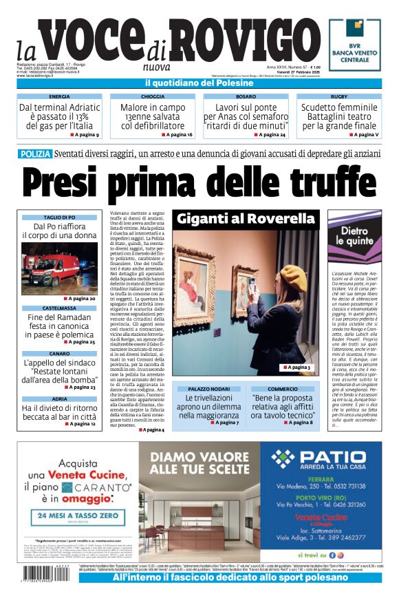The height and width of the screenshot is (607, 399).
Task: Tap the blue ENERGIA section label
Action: coord(59,97)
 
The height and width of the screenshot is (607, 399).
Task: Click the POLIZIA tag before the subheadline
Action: coord(35,154)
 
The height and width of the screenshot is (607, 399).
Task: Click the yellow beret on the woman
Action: coord(292,277)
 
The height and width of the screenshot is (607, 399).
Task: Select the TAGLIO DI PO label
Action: coord(59,217)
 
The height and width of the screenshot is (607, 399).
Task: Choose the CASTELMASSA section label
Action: coord(59,308)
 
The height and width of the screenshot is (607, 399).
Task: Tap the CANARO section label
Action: coord(59,353)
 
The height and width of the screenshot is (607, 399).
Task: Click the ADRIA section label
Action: coord(59,398)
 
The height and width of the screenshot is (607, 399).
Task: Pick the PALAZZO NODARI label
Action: coord(208,389)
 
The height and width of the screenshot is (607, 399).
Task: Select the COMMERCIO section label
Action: coord(282,389)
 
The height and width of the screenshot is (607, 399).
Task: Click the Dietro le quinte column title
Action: coord(355,236)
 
